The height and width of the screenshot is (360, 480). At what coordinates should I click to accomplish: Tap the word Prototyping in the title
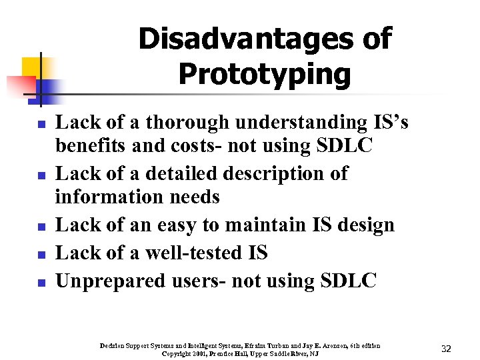tap(264, 75)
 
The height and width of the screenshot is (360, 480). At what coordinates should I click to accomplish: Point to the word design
tap(364, 225)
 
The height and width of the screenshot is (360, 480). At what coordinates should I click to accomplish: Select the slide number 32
tap(447, 349)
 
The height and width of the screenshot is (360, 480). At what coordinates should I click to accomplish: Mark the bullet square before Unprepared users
tap(41, 283)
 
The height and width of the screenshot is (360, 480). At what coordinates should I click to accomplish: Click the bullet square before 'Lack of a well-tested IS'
tap(41, 255)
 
